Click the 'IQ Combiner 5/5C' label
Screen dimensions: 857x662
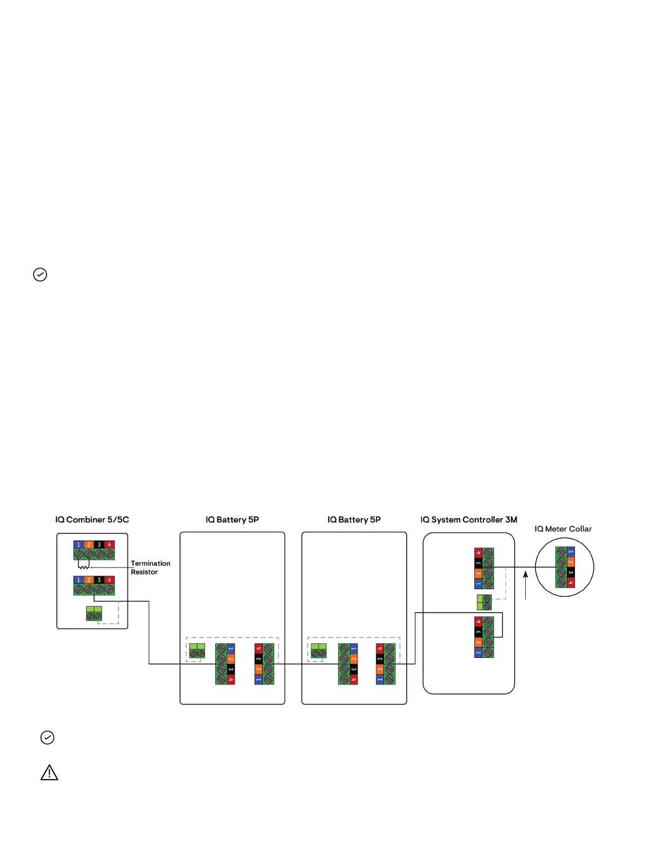[92, 519]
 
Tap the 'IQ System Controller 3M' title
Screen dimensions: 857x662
[468, 519]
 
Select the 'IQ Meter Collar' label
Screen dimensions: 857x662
[563, 529]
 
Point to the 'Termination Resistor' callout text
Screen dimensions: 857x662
[150, 568]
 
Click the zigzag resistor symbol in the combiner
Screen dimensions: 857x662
[84, 567]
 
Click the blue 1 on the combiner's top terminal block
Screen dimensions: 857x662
[78, 545]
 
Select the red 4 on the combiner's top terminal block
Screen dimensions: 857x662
[109, 545]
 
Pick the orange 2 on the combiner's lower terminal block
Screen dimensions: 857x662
[89, 580]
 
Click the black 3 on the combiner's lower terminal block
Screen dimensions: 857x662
[99, 580]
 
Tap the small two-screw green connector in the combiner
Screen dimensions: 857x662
[94, 614]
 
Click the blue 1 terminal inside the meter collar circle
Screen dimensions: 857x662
[571, 552]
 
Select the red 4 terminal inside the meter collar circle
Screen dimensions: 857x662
[571, 583]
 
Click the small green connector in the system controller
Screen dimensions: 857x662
[484, 602]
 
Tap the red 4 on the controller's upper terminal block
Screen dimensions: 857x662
[478, 553]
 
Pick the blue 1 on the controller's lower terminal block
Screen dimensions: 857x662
[478, 652]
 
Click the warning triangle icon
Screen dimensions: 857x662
[49, 773]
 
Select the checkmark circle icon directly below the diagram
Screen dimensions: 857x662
[48, 737]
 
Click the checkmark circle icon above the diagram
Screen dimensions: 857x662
[40, 275]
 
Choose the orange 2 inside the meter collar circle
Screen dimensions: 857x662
[571, 562]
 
